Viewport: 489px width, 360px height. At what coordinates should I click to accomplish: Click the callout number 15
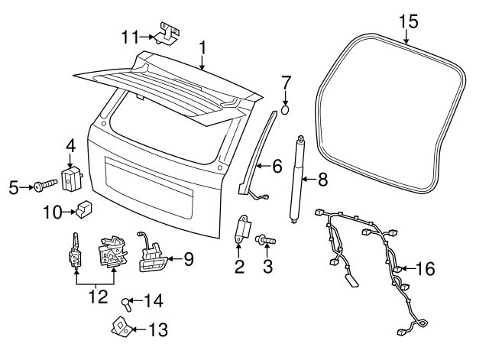(x=409, y=22)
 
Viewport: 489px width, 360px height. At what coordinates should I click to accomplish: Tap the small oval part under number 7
(x=285, y=110)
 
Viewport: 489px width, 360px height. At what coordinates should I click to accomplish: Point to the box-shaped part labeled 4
(x=72, y=179)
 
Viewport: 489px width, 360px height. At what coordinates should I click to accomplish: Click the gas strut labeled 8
(x=296, y=180)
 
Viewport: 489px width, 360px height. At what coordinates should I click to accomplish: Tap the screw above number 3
(x=265, y=241)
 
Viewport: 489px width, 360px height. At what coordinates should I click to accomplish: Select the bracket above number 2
(x=243, y=229)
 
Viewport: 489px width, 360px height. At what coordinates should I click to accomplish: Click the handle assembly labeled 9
(x=152, y=256)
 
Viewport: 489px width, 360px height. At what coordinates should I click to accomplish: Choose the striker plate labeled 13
(x=121, y=327)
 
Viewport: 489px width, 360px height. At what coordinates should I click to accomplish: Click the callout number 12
(x=98, y=297)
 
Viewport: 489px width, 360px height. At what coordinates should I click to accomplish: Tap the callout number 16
(x=426, y=268)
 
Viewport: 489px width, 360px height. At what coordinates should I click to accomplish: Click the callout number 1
(x=202, y=47)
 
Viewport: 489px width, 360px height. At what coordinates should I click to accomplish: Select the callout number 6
(x=277, y=166)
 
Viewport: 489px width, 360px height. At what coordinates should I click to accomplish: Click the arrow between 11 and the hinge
(x=147, y=37)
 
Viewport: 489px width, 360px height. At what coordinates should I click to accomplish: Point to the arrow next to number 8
(x=309, y=179)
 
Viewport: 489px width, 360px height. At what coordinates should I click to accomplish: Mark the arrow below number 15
(x=406, y=36)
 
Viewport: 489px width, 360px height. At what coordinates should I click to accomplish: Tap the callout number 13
(x=158, y=329)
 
